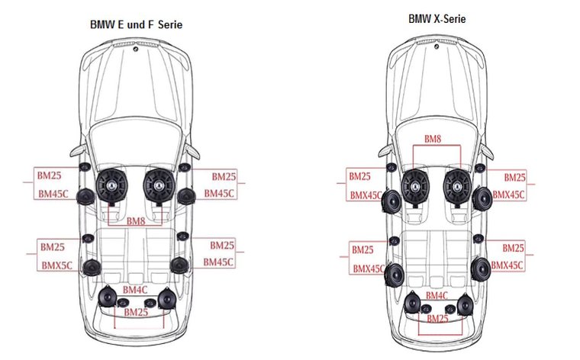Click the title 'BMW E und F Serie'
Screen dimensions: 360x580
click(x=137, y=25)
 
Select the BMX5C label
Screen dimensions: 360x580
click(x=56, y=265)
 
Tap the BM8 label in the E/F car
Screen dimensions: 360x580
click(x=136, y=221)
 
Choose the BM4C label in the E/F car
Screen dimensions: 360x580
click(x=135, y=290)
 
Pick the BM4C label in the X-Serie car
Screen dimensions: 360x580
click(x=437, y=295)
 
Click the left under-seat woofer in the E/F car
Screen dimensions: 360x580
click(x=114, y=185)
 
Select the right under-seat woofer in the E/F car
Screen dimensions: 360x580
click(x=158, y=185)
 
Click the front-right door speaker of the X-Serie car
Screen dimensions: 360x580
click(x=481, y=202)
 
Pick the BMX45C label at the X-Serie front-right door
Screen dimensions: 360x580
click(x=507, y=195)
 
